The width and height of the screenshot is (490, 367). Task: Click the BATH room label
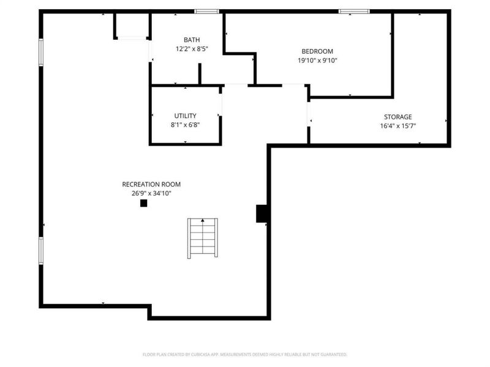coord(191,40)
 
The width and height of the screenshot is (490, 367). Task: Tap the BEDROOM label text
coord(317,51)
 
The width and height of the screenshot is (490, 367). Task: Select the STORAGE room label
coord(398,117)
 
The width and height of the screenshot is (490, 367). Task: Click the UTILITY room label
coord(185,116)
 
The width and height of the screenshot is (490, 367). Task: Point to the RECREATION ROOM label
coord(151,184)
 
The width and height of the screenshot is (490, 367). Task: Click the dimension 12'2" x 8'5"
coord(191,49)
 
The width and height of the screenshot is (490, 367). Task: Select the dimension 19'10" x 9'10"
coord(317,61)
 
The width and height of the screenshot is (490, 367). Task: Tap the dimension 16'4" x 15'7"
coord(398,127)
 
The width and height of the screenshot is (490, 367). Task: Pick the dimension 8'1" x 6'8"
coord(185,125)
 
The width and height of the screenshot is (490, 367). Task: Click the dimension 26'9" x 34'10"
coord(151,193)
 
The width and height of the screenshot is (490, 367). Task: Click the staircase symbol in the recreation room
coord(202,238)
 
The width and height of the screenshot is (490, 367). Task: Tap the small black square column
coord(143,203)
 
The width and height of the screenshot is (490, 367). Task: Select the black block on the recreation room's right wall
coord(262,213)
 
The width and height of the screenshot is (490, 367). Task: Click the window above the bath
coord(207,11)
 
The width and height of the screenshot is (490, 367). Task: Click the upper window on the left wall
coord(41,52)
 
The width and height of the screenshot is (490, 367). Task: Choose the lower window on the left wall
coord(41,251)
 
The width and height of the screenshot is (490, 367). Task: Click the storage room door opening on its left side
coord(309,114)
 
